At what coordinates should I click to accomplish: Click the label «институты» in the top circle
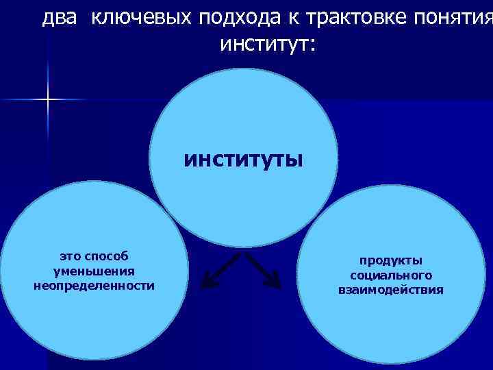(243, 160)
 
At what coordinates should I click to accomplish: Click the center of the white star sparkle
(48, 100)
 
